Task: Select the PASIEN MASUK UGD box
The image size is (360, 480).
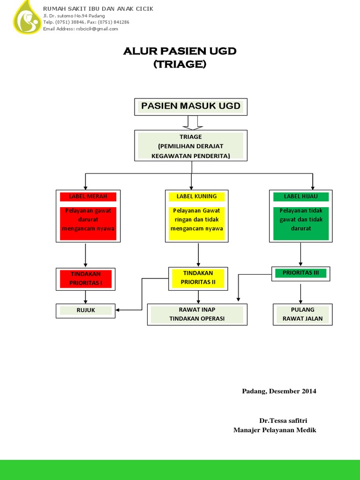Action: pyautogui.click(x=191, y=106)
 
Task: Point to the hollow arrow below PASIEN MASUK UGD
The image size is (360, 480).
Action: pyautogui.click(x=192, y=123)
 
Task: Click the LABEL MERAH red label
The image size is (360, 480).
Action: pyautogui.click(x=88, y=196)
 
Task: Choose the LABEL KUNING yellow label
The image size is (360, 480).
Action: pyautogui.click(x=197, y=196)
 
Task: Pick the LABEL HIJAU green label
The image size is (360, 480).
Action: pyautogui.click(x=300, y=196)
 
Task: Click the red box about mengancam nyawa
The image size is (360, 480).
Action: pyautogui.click(x=88, y=220)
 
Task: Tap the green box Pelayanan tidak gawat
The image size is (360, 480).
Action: pyautogui.click(x=301, y=220)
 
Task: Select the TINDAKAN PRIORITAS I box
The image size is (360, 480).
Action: pyautogui.click(x=85, y=278)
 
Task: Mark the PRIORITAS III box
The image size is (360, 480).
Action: pyautogui.click(x=300, y=273)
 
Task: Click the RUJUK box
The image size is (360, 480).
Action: pyautogui.click(x=86, y=310)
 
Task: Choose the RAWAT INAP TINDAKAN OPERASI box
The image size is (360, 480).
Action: pyautogui.click(x=197, y=314)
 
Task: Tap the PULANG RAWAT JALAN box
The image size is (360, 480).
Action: pyautogui.click(x=302, y=314)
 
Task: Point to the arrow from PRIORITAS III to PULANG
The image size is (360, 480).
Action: pyautogui.click(x=300, y=293)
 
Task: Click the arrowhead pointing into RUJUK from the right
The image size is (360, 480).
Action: pyautogui.click(x=118, y=310)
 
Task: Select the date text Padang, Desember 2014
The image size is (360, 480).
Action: pyautogui.click(x=279, y=391)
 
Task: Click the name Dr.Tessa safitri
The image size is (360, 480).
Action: pyautogui.click(x=283, y=420)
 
